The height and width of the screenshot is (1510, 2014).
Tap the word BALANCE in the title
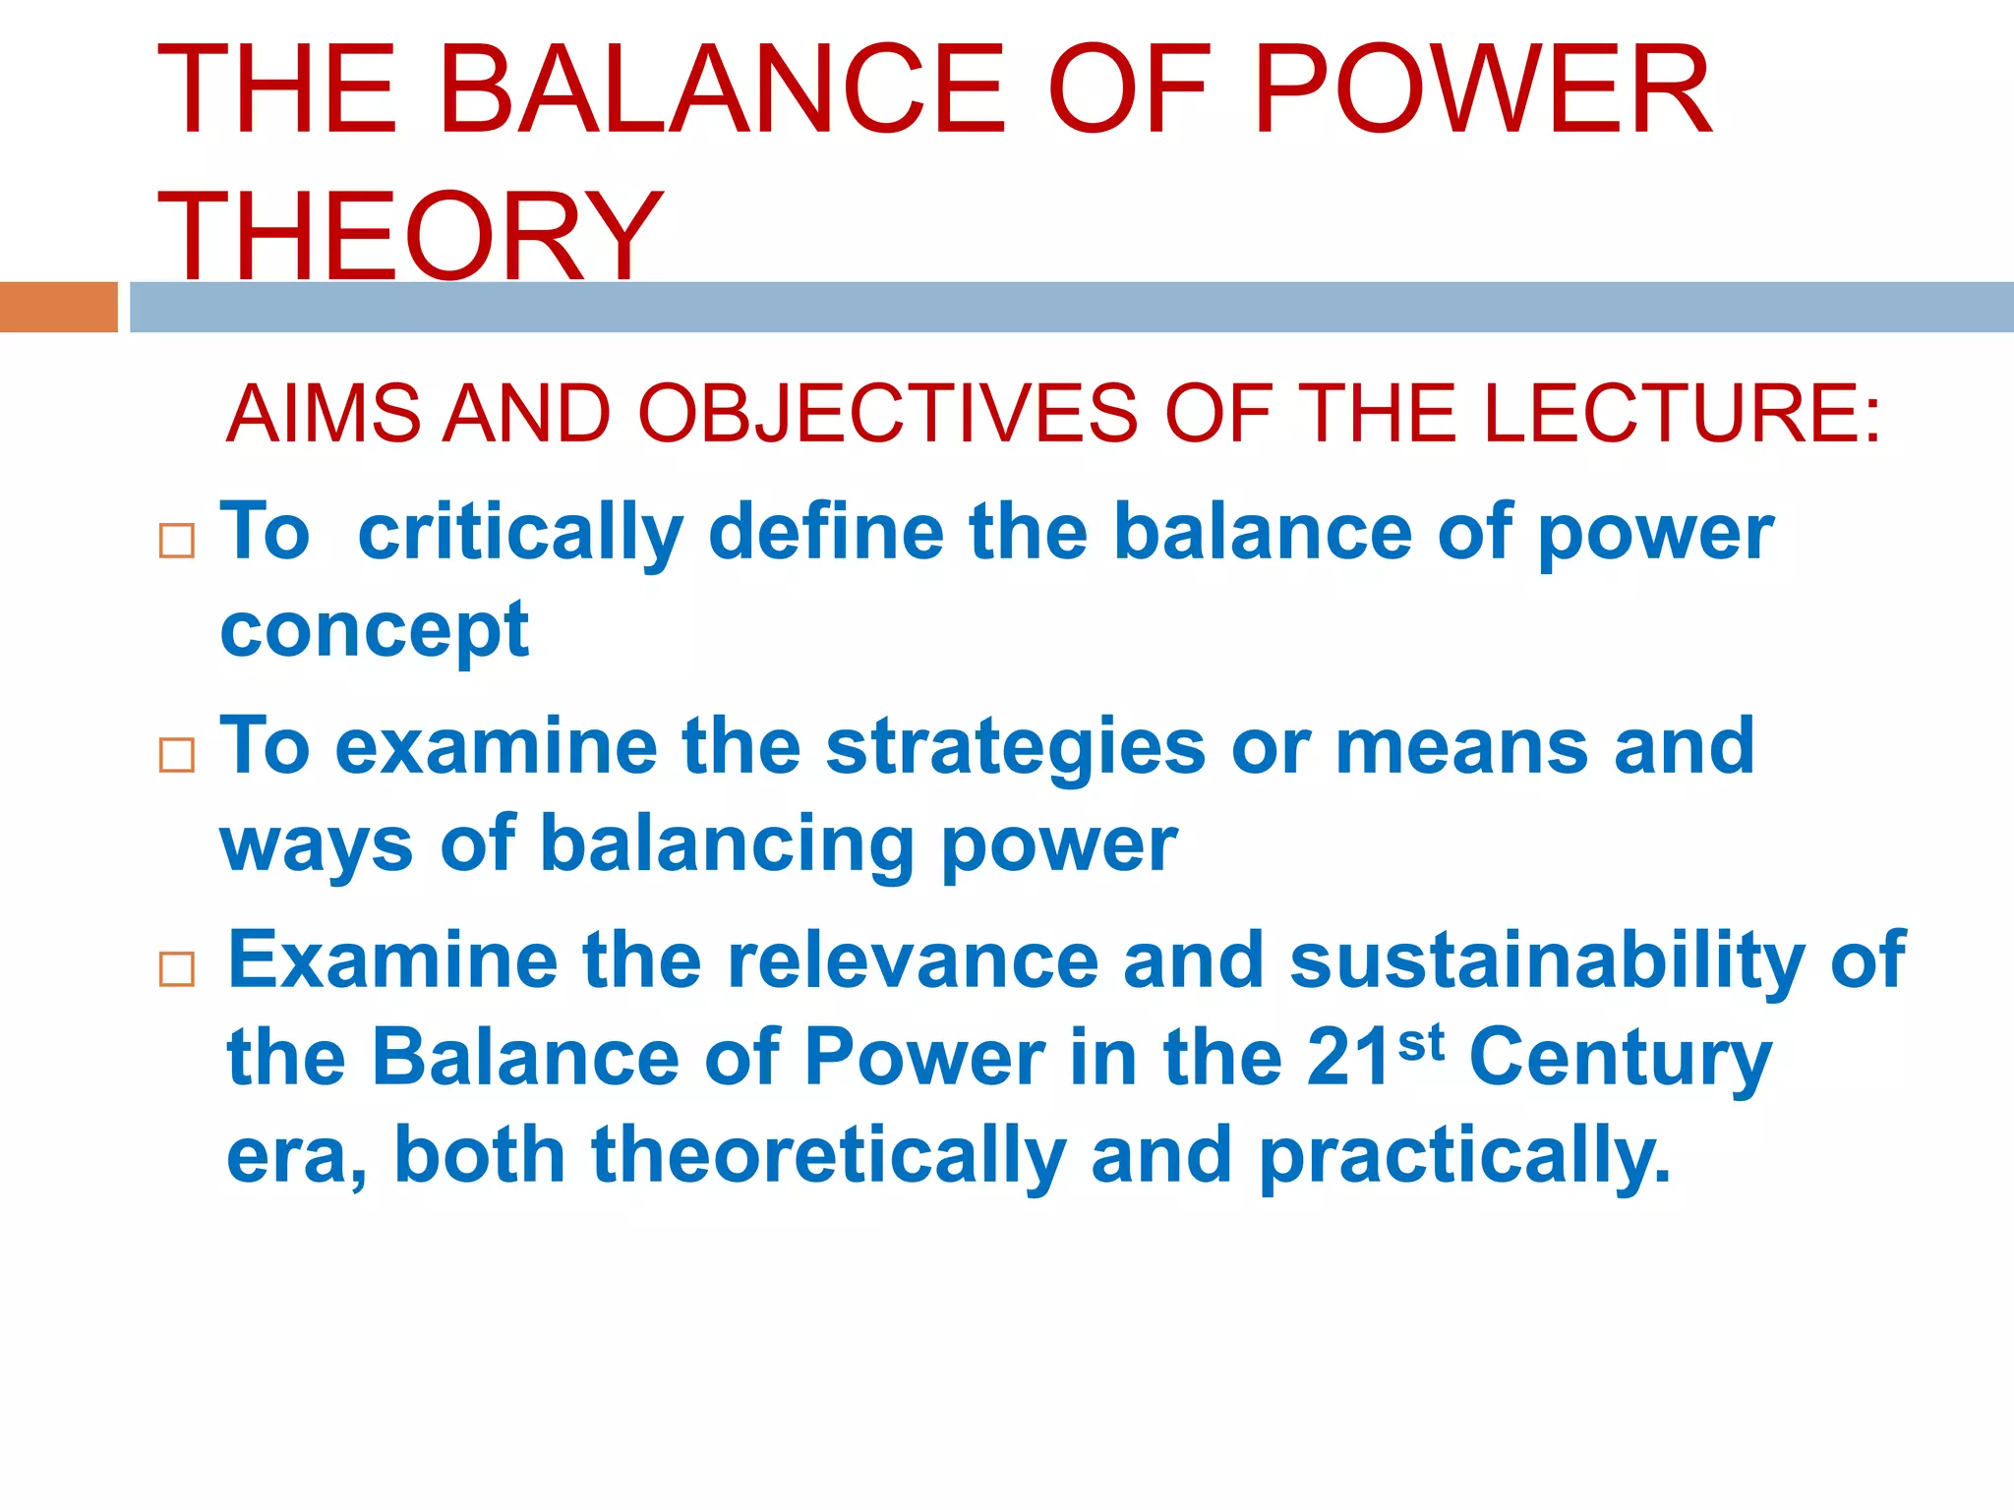(723, 90)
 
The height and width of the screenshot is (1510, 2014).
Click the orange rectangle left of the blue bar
(58, 307)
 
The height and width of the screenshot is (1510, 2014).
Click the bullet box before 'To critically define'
(177, 541)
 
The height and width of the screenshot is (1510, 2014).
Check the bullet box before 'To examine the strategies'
(177, 755)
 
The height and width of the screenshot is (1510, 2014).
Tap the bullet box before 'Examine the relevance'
(177, 969)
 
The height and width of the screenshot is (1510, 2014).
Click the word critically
(520, 534)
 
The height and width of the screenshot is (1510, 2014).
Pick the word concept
(375, 631)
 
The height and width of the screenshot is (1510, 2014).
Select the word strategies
(1015, 747)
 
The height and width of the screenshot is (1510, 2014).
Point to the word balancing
(727, 844)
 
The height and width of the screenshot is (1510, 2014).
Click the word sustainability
(1547, 961)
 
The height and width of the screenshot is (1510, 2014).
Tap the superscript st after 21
(1420, 1042)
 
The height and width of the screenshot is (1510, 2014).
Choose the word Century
(1620, 1060)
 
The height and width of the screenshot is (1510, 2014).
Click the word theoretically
(828, 1156)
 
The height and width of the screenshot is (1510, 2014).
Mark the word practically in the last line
(1464, 1156)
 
